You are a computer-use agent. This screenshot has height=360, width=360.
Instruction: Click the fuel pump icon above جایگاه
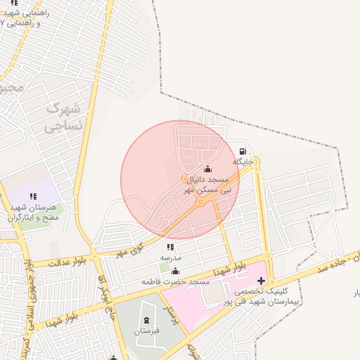click(x=243, y=151)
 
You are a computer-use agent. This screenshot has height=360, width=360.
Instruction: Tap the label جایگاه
click(x=243, y=162)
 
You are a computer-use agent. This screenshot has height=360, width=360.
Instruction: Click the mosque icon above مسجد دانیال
click(x=207, y=169)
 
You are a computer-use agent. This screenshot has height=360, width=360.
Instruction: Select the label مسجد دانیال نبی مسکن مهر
click(x=207, y=185)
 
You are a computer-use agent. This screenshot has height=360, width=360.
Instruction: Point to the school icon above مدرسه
click(x=170, y=247)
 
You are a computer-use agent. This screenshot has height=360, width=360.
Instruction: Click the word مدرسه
click(x=170, y=257)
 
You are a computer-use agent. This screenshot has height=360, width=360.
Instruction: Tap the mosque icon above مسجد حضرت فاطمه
click(x=175, y=271)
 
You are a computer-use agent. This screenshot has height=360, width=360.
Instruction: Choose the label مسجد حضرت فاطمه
click(x=176, y=281)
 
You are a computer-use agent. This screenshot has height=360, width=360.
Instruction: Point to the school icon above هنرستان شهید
click(x=32, y=197)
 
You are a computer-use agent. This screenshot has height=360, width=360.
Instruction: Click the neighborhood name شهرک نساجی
click(x=63, y=117)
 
